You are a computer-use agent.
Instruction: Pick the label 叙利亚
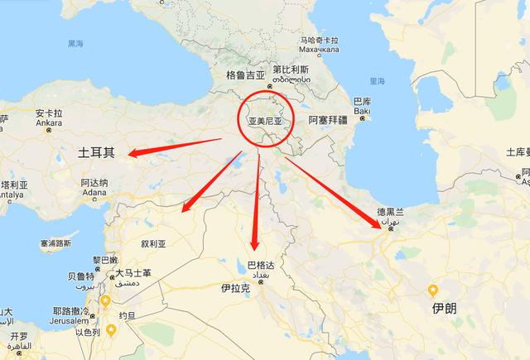[x=155, y=244]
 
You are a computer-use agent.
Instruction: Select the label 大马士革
[x=132, y=274]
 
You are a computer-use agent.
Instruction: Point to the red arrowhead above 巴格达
[x=255, y=247]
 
